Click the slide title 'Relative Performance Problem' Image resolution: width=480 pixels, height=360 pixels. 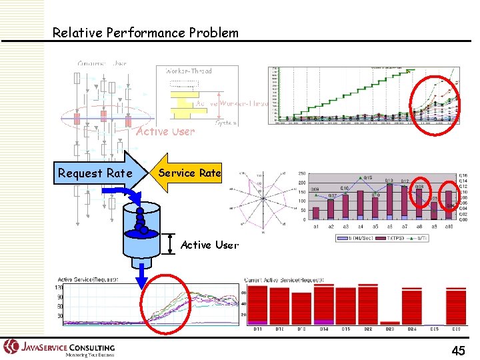[x=145, y=32]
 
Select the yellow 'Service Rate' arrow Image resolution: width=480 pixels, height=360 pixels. [x=189, y=173]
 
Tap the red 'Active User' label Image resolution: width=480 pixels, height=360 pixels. [x=165, y=131]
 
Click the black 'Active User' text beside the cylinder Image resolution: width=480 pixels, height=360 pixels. [x=209, y=245]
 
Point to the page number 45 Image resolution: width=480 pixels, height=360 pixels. [x=458, y=350]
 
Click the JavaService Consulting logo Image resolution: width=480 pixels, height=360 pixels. [x=60, y=348]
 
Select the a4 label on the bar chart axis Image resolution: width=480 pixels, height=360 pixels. [x=360, y=226]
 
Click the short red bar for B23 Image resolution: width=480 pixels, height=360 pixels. [x=391, y=323]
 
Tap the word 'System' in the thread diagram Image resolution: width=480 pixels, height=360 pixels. [x=225, y=123]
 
